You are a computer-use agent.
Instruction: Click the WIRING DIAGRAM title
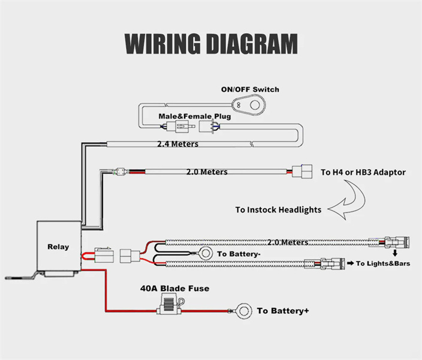pos(211,44)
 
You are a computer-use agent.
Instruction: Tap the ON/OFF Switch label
pos(250,89)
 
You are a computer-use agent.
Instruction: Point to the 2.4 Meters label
pos(177,144)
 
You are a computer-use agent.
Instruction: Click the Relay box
pos(58,247)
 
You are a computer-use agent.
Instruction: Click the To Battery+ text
pos(282,311)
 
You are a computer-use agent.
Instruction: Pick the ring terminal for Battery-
pos(205,254)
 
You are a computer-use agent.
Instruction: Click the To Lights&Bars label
pos(383,263)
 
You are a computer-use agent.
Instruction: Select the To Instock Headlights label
pos(278,209)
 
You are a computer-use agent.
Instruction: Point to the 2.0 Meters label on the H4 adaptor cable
pos(207,172)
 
